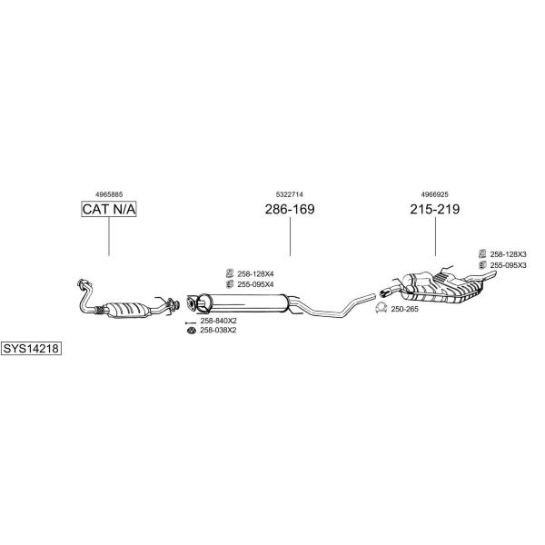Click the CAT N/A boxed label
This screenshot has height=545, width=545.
pyautogui.click(x=109, y=209)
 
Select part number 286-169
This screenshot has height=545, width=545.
pyautogui.click(x=290, y=209)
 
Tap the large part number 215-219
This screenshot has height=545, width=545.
pyautogui.click(x=434, y=209)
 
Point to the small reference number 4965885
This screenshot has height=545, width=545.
pyautogui.click(x=109, y=194)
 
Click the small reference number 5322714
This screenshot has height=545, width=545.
pyautogui.click(x=289, y=194)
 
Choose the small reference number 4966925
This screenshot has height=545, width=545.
pyautogui.click(x=434, y=194)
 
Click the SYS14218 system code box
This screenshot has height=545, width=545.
pyautogui.click(x=31, y=348)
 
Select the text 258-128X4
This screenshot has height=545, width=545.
pyautogui.click(x=255, y=274)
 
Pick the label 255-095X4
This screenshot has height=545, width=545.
pyautogui.click(x=255, y=284)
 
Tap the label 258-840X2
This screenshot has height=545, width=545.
pyautogui.click(x=218, y=321)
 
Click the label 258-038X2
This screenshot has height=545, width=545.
pyautogui.click(x=218, y=331)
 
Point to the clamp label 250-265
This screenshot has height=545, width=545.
pyautogui.click(x=404, y=309)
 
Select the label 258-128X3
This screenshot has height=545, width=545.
pyautogui.click(x=508, y=254)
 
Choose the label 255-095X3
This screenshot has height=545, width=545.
pyautogui.click(x=508, y=265)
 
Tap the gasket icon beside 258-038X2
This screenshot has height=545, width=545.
pyautogui.click(x=192, y=331)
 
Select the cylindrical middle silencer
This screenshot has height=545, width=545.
pyautogui.click(x=243, y=302)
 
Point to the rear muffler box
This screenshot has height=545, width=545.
pyautogui.click(x=442, y=288)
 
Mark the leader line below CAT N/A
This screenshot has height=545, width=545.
pyautogui.click(x=109, y=236)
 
